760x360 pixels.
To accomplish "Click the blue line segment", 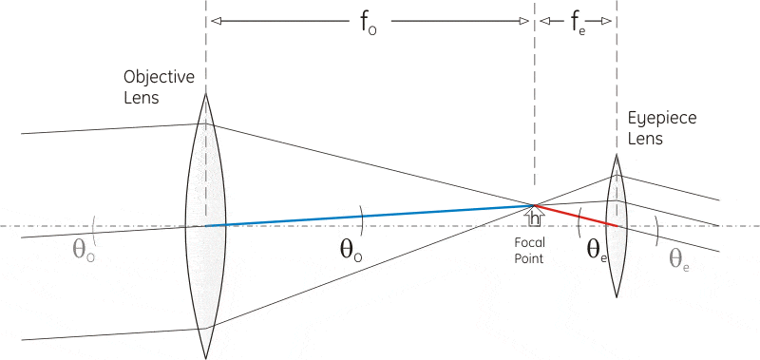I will point(370,216).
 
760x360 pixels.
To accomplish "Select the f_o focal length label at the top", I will point(369,24).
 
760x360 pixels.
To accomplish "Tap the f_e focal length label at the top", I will point(578,24).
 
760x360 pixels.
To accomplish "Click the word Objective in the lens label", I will point(159,76).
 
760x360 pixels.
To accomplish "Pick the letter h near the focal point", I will point(537,218).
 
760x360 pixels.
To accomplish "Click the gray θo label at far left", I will point(83,249).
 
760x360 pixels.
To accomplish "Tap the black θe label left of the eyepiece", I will point(597,250).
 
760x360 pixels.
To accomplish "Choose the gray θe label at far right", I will point(679,258).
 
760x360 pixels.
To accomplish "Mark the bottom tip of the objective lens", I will point(206,358).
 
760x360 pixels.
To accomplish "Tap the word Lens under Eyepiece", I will point(645,139).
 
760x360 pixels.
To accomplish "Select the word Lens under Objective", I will point(142,97).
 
